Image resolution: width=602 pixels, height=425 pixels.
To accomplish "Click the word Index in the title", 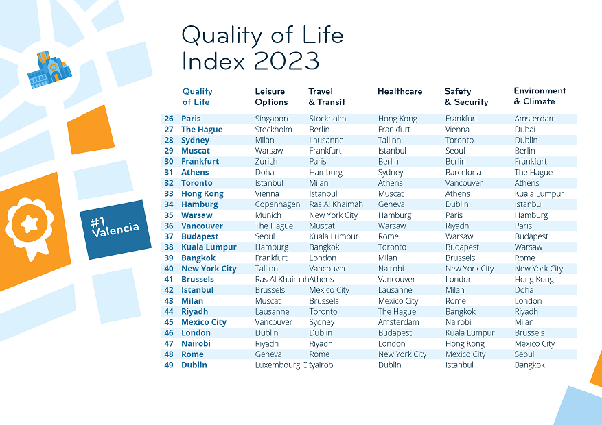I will point(213,61).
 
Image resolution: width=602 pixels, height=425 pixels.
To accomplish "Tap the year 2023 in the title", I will point(286,61).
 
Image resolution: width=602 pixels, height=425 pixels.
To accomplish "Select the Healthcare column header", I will point(400,91).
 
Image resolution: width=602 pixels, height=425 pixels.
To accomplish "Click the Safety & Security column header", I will point(466,97).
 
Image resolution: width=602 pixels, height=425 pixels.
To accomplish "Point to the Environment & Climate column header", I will point(540,96).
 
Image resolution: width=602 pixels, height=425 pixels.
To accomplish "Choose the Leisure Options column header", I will point(271,97).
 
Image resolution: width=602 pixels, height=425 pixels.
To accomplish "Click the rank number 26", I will point(169,119).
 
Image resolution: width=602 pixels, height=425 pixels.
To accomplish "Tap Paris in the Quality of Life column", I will point(191,119).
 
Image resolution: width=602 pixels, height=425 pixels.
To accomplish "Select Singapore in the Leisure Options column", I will point(273,119).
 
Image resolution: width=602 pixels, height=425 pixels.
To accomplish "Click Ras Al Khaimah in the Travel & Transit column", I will point(336,204).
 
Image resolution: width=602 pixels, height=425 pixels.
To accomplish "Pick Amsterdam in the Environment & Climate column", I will point(535,119).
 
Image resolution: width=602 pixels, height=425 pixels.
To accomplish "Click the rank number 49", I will point(169,365).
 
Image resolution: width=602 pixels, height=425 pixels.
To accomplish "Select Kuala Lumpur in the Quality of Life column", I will point(209,247).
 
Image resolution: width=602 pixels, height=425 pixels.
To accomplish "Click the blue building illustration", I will point(48,70).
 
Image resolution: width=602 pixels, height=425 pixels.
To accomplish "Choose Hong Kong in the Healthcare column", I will point(397,119).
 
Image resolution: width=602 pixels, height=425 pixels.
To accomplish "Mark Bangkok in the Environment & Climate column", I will point(529,365).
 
